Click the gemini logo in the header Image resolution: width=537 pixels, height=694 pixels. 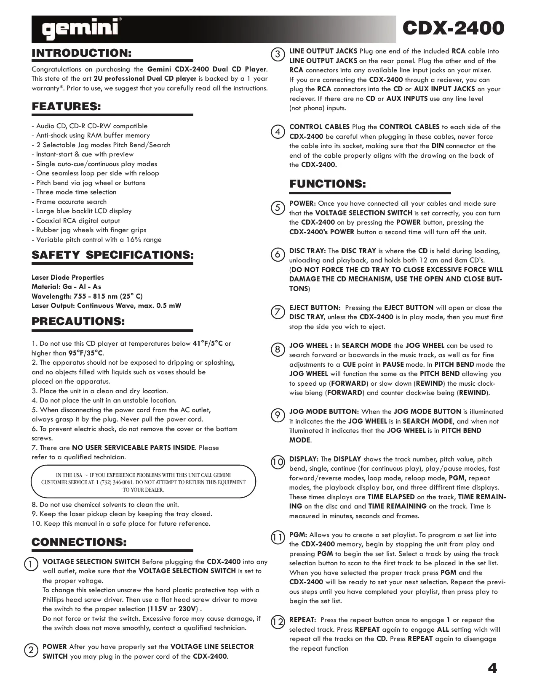(80, 29)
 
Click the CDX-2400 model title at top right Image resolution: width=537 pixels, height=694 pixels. (453, 29)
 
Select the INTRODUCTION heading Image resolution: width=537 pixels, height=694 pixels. (82, 53)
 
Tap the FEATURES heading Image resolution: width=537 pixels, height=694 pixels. (67, 107)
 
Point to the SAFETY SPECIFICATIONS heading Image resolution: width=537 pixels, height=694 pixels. (112, 255)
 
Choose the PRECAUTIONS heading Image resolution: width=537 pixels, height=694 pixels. (78, 322)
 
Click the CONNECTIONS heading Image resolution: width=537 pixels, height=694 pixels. (79, 542)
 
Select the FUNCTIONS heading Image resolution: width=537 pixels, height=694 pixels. (327, 184)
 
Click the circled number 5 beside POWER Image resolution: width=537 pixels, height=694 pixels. (278, 207)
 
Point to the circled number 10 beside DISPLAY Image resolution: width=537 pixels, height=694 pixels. (278, 462)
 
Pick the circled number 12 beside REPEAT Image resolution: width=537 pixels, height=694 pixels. (278, 622)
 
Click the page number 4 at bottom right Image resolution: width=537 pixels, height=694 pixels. (492, 668)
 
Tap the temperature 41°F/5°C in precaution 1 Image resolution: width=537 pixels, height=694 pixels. (208, 344)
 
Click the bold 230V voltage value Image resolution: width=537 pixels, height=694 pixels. (187, 609)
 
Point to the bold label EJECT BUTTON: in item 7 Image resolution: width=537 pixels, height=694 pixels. (315, 308)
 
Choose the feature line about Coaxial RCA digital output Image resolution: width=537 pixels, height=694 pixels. (78, 221)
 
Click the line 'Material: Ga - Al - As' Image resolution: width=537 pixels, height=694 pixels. (67, 287)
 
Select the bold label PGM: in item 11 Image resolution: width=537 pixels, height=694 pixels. (298, 535)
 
